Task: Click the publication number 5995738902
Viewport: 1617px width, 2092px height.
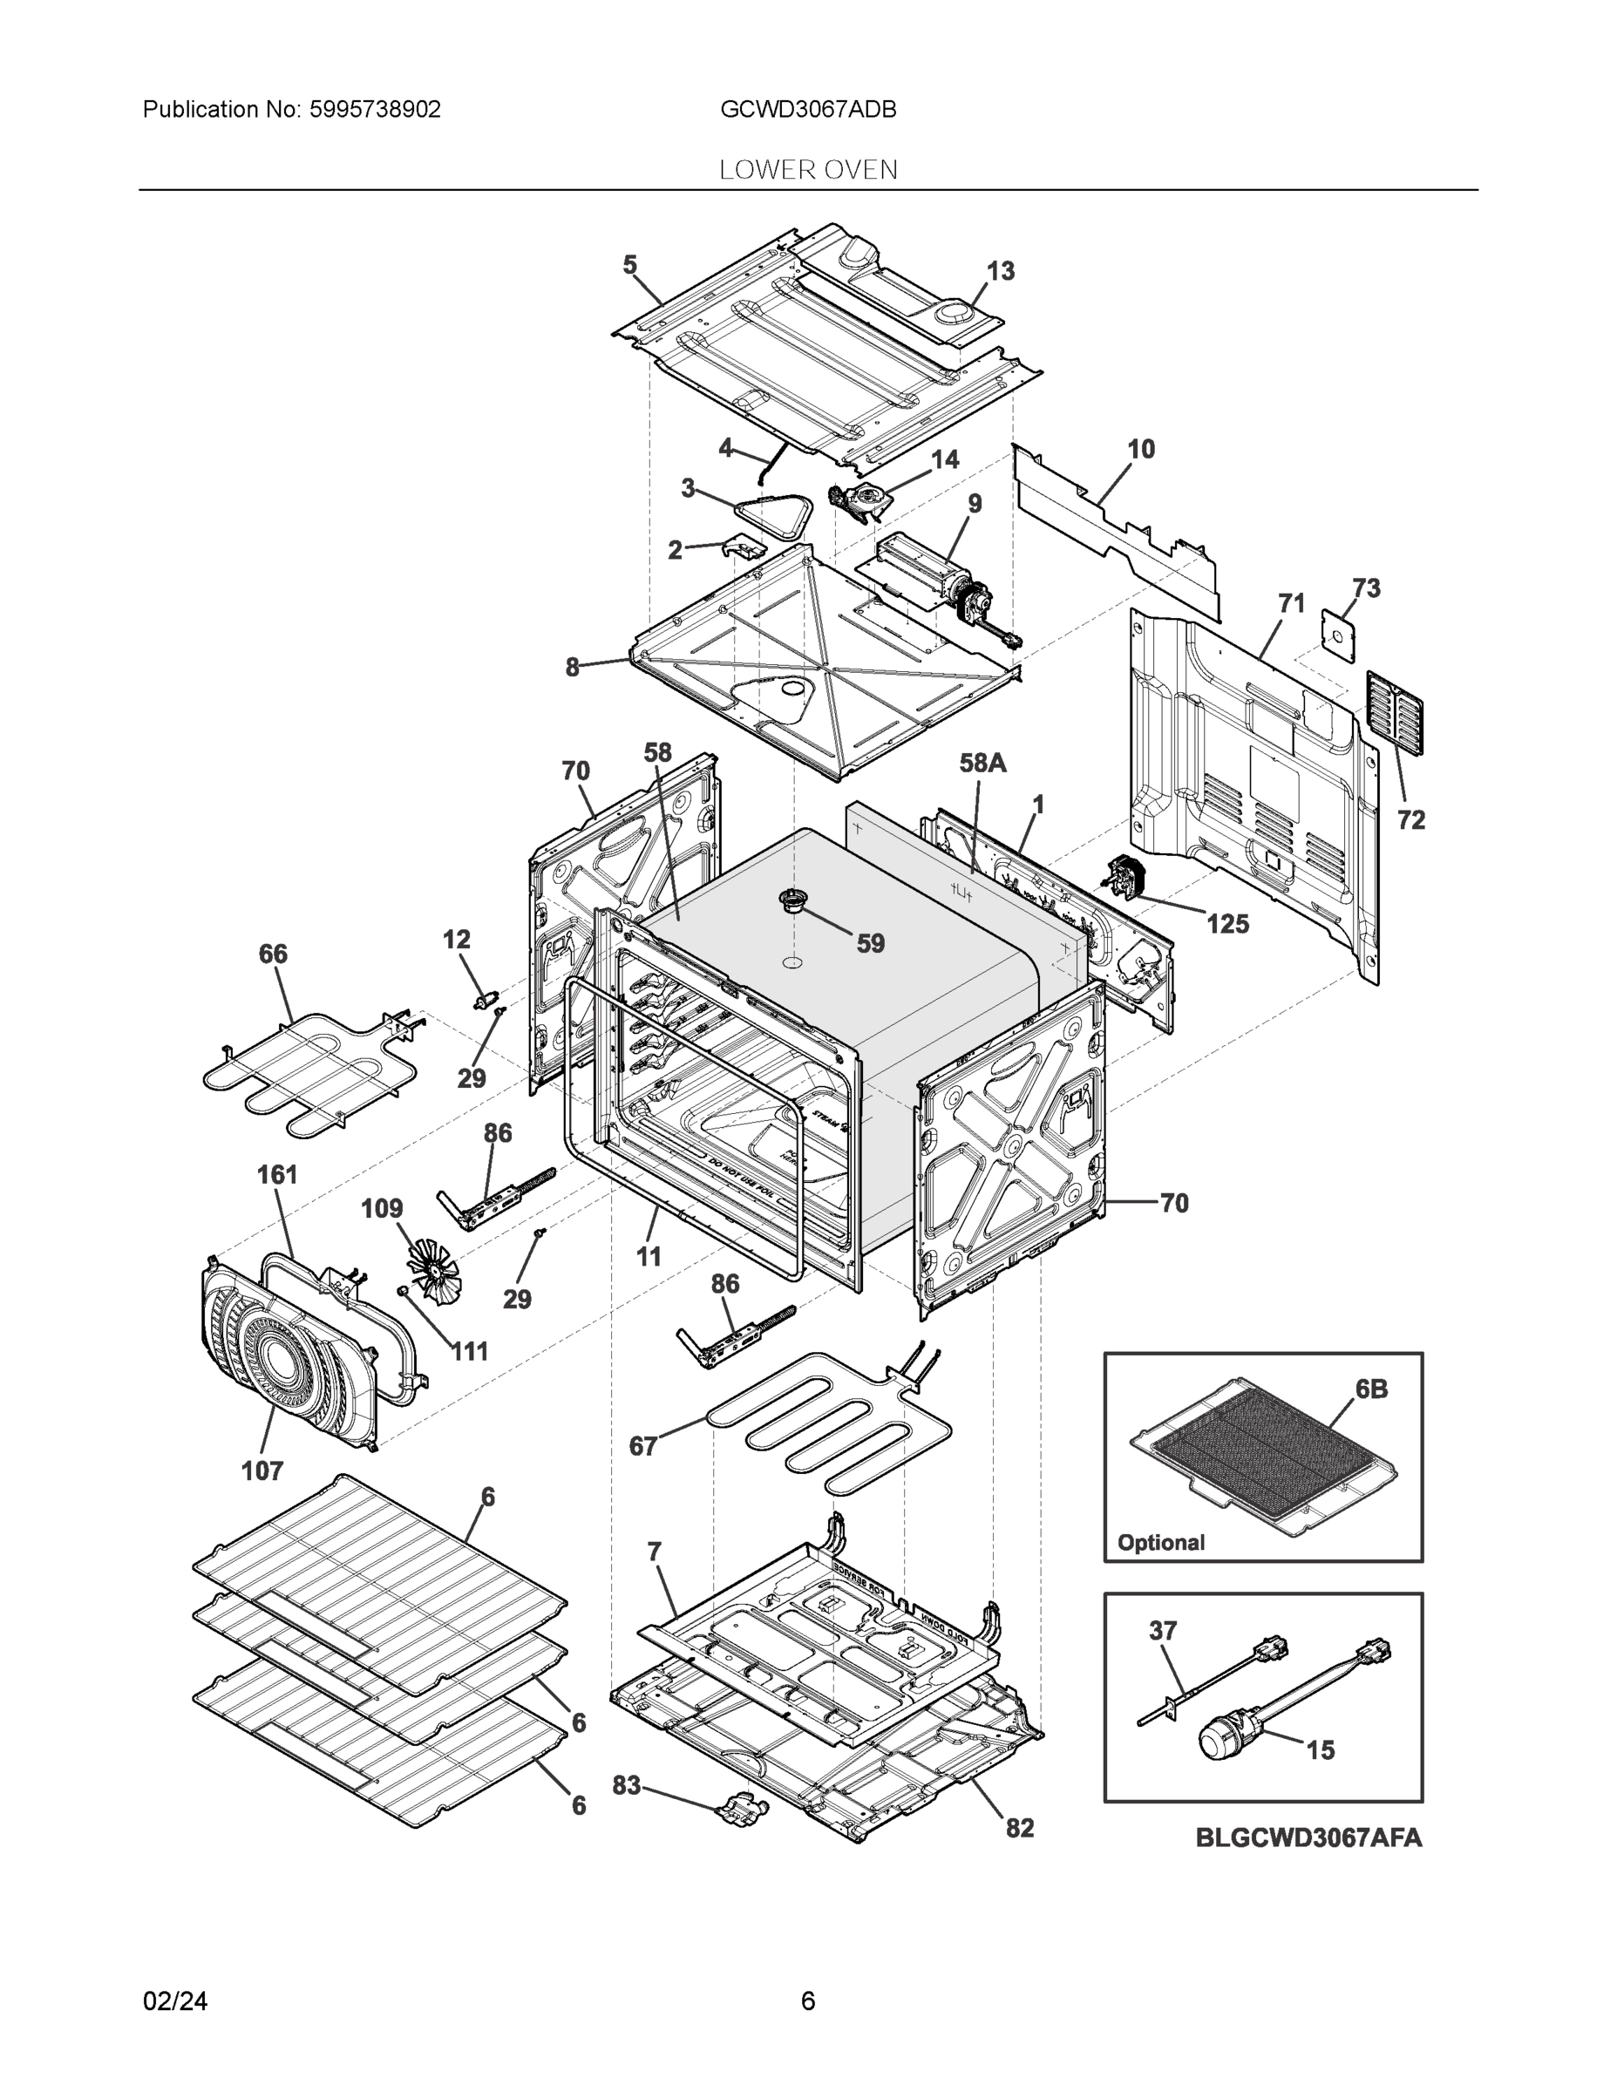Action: [x=375, y=109]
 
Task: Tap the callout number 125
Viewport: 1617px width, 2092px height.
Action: [x=1227, y=923]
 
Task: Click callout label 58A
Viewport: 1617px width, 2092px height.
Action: [x=983, y=763]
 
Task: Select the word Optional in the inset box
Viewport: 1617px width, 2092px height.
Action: [x=1160, y=1542]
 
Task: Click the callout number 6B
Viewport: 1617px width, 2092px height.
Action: [x=1371, y=1388]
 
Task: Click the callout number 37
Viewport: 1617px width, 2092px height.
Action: [x=1162, y=1629]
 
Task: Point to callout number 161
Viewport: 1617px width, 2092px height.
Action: [x=277, y=1174]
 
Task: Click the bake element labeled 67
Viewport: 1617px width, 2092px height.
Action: [x=824, y=1426]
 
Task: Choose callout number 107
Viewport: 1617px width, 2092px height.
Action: [x=262, y=1471]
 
